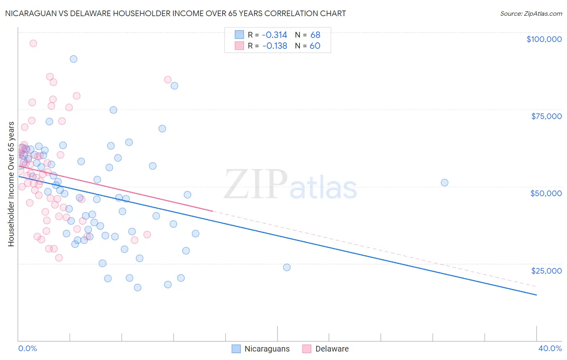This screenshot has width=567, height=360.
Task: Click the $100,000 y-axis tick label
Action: pos(544,39)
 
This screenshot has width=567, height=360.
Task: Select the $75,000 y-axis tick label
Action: pos(546,116)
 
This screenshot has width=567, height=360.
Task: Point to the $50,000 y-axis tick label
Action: pos(546,193)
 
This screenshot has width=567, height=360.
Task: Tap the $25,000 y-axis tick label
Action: pos(546,271)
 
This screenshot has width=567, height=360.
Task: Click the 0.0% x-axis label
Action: pos(27,348)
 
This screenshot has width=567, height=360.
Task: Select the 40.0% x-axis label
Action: pos(550,348)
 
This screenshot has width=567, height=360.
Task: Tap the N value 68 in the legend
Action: pos(315,35)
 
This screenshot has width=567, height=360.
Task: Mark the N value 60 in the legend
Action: pos(315,46)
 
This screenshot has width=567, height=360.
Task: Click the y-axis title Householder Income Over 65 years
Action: pos(11,184)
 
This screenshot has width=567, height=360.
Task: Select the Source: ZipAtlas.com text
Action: pos(531,14)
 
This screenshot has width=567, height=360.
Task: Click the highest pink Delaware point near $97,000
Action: pos(33,43)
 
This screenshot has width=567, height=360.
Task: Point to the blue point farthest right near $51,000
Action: pos(444,182)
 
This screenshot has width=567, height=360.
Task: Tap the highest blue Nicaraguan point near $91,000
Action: pos(73,59)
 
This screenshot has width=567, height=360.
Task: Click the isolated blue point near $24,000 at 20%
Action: pos(287,267)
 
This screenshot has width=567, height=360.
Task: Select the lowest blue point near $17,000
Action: pos(138,287)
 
